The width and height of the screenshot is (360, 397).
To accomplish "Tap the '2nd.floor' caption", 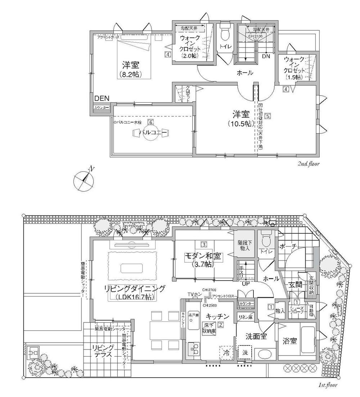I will (309, 164).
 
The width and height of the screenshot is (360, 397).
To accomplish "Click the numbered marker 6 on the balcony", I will (151, 122).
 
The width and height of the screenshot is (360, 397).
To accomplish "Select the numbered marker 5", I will (267, 116).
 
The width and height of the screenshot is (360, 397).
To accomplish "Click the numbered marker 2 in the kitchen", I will (221, 324).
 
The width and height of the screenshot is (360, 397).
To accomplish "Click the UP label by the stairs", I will (246, 284).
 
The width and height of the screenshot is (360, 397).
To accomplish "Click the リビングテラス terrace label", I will (103, 351).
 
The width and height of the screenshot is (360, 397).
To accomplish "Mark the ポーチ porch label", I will (288, 246).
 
